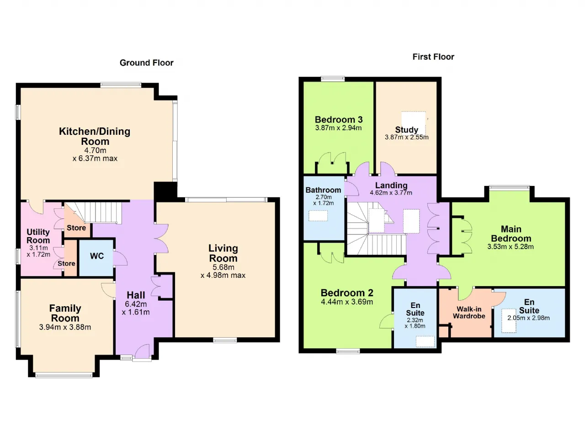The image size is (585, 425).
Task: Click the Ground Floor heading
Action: pyautogui.click(x=147, y=63)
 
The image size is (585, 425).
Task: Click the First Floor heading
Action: pyautogui.click(x=433, y=57)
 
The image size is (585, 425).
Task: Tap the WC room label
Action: pyautogui.click(x=97, y=256)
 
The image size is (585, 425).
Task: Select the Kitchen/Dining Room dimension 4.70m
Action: pyautogui.click(x=95, y=150)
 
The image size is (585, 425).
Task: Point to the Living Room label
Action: pyautogui.click(x=223, y=253)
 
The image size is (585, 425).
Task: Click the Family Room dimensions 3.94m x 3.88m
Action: pyautogui.click(x=65, y=327)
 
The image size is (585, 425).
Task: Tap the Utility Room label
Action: pyautogui.click(x=38, y=236)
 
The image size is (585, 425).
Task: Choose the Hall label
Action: pyautogui.click(x=136, y=295)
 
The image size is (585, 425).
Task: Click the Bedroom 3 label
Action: pyautogui.click(x=339, y=120)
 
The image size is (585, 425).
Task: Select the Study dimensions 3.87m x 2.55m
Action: pyautogui.click(x=407, y=137)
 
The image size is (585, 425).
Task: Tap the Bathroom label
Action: pyautogui.click(x=323, y=190)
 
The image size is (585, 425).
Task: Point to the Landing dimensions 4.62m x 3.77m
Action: pyautogui.click(x=391, y=193)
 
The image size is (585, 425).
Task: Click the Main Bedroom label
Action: pyautogui.click(x=511, y=234)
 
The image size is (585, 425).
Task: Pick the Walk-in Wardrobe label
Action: pyautogui.click(x=469, y=313)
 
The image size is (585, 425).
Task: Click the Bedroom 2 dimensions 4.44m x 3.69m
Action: pyautogui.click(x=347, y=302)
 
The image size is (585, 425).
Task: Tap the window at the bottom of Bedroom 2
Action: pyautogui.click(x=348, y=351)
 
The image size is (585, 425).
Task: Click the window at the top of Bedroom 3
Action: pyautogui.click(x=333, y=79)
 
